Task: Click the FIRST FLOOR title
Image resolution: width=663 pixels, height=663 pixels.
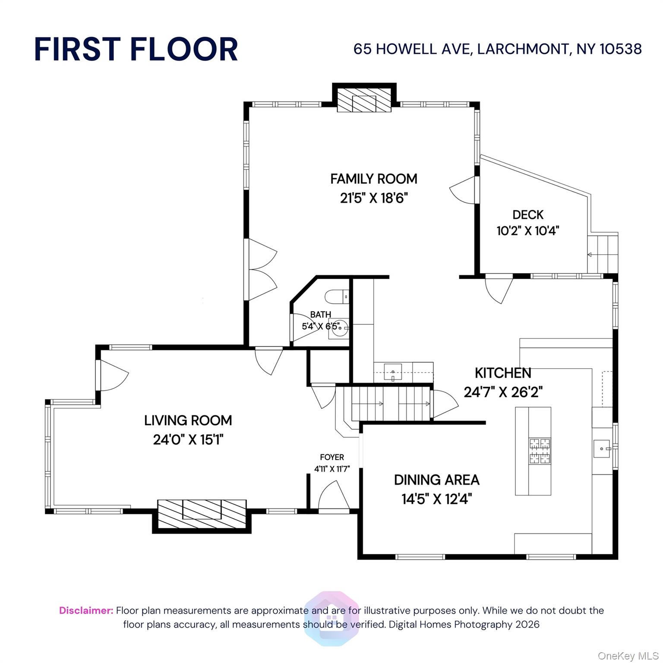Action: coord(136,49)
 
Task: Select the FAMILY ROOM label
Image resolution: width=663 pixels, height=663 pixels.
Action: coord(374,179)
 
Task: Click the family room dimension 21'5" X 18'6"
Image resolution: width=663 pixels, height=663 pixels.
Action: coord(374,198)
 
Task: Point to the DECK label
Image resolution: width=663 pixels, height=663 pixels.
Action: coord(527,215)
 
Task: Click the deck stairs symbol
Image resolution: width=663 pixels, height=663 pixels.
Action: coord(603,254)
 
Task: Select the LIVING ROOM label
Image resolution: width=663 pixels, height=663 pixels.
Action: coord(188,420)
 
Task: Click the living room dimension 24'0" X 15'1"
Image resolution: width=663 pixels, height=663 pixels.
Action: coord(188,440)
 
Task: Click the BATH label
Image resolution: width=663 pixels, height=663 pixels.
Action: coord(321,315)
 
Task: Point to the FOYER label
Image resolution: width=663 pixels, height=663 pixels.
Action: coord(332,457)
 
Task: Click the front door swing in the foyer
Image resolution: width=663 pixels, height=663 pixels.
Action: coord(333,496)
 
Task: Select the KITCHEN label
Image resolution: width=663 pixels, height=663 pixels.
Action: coord(503,373)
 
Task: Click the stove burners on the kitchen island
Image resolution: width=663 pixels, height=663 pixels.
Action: coord(540,451)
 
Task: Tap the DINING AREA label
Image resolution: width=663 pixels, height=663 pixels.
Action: coord(436,480)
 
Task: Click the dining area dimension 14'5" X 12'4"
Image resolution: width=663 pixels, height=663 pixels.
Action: coord(436,499)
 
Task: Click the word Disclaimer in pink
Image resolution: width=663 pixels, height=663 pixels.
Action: coord(86,610)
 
